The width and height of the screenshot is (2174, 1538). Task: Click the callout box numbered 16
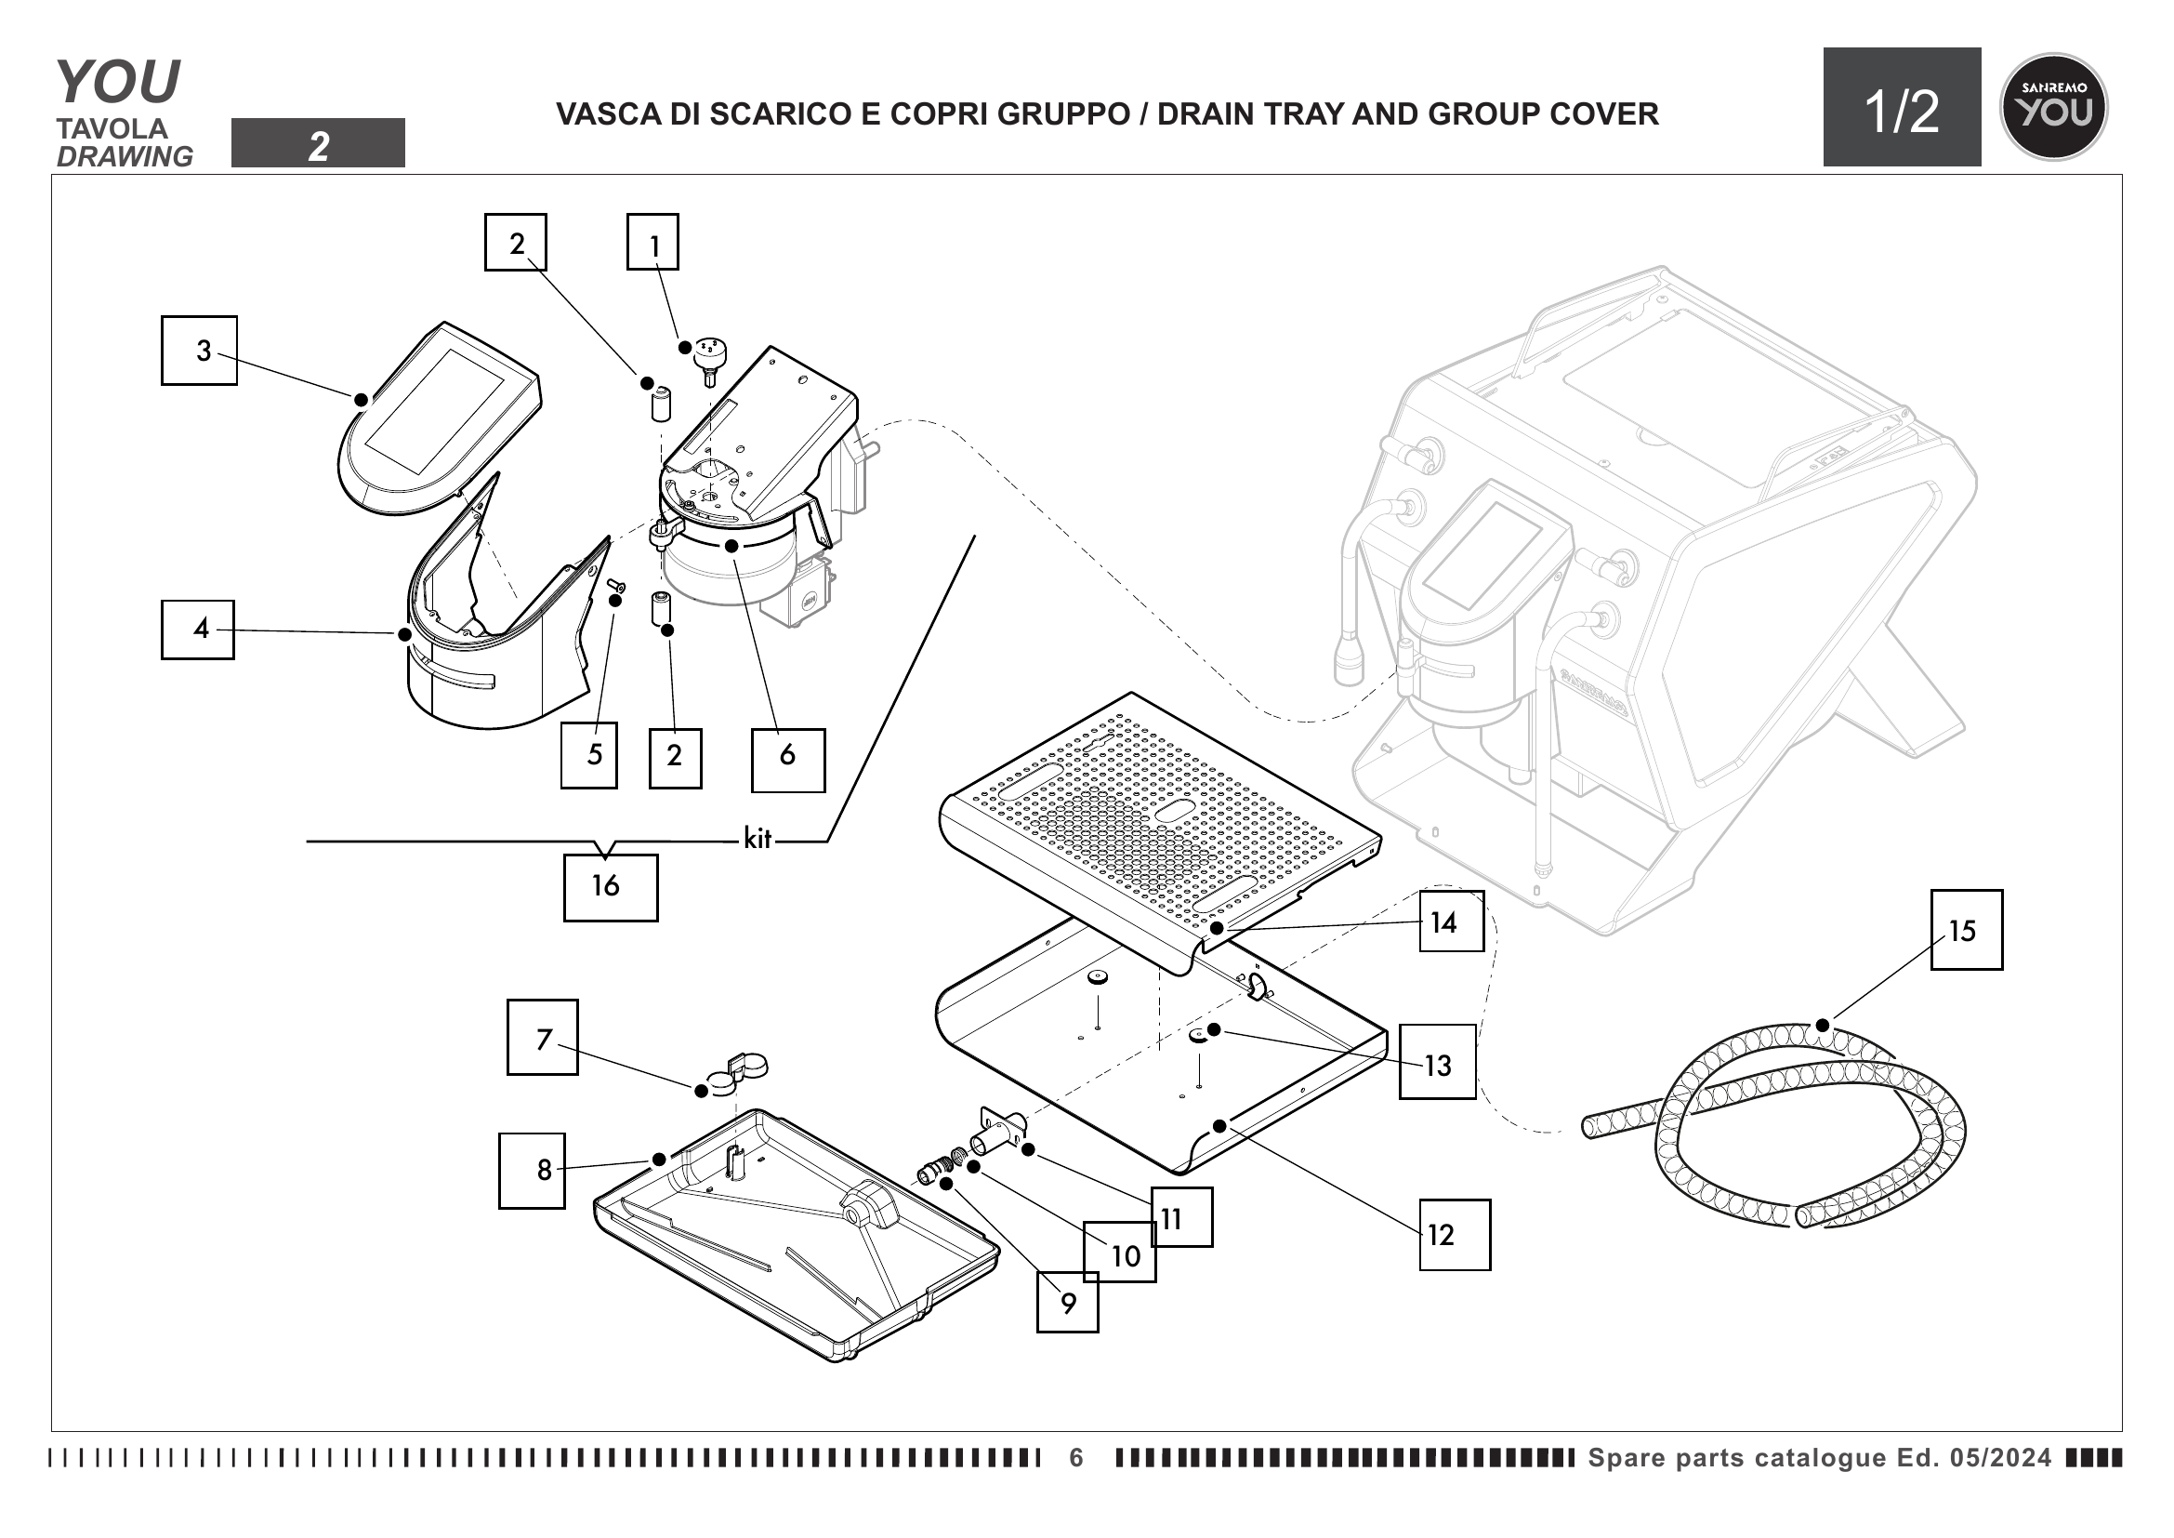coord(610,887)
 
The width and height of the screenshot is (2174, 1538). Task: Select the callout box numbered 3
coord(199,351)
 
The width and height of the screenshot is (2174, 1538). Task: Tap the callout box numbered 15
coord(1966,929)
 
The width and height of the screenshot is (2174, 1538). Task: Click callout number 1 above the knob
coord(652,243)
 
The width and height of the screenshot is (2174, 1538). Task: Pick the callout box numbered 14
coord(1451,921)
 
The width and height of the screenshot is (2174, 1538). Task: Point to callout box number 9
coord(1067,1302)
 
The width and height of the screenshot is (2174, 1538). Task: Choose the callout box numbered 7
coord(543,1037)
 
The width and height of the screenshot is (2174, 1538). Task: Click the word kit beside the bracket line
coord(758,838)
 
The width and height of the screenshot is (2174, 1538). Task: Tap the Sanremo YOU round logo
coord(2052,107)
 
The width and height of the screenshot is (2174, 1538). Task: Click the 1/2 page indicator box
coord(1902,108)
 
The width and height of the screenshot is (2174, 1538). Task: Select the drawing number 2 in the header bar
coord(318,145)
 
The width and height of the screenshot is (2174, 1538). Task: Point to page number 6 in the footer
coord(1075,1457)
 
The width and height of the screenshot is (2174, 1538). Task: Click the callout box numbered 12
coord(1454,1234)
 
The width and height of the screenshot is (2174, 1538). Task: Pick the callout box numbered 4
coord(198,629)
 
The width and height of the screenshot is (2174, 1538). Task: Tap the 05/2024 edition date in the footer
coord(2000,1457)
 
